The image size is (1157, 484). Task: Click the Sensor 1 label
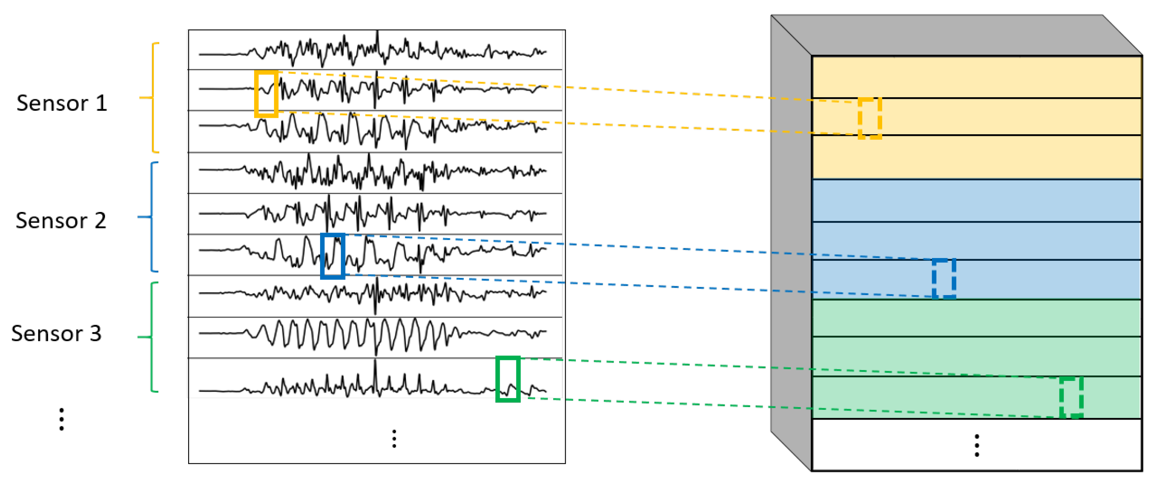(x=62, y=103)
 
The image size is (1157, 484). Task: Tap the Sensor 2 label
(x=61, y=221)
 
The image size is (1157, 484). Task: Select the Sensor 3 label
(x=57, y=333)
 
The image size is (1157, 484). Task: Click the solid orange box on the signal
(x=266, y=94)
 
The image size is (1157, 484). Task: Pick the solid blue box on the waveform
(x=332, y=256)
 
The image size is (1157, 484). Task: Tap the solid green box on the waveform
(x=507, y=379)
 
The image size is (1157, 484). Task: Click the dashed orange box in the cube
(x=870, y=119)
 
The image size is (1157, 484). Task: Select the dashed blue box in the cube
(x=943, y=278)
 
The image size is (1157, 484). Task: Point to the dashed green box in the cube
(x=1071, y=398)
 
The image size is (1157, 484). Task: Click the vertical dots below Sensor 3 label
(x=62, y=419)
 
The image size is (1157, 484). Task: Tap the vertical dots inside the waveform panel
(x=394, y=439)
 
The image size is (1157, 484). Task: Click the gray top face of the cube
(x=957, y=36)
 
